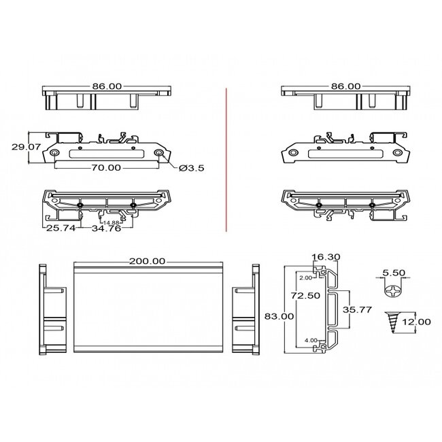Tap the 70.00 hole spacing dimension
[x=106, y=167]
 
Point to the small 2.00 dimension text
[x=305, y=277]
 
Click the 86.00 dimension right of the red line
[x=345, y=87]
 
